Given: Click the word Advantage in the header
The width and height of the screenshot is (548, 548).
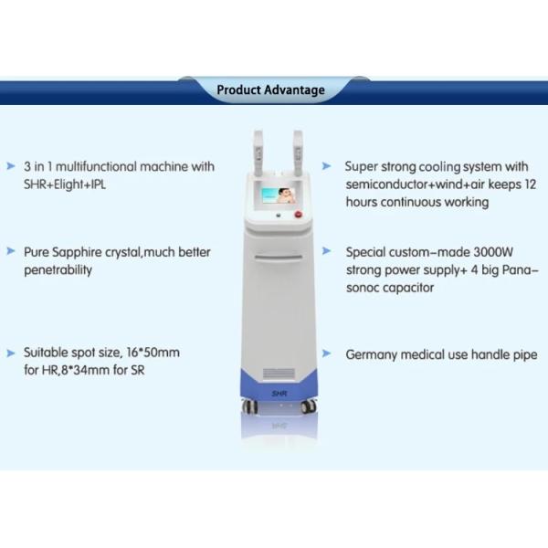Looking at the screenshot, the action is (294, 90).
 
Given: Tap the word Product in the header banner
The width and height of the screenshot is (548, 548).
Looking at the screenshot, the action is (238, 90).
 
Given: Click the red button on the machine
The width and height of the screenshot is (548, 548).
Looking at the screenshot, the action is (299, 214).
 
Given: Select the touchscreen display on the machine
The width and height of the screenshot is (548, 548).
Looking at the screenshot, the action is (279, 195).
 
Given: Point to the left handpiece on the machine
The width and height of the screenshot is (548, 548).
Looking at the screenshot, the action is (258, 153).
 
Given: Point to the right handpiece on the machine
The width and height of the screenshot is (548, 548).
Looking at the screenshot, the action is (298, 153).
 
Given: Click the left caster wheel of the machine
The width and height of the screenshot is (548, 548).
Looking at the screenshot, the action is (250, 406).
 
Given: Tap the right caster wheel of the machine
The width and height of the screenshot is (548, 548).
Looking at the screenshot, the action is (309, 406).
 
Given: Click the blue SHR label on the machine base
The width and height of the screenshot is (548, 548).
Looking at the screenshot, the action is (279, 394).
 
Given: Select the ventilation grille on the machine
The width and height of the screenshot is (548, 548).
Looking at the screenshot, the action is (279, 373).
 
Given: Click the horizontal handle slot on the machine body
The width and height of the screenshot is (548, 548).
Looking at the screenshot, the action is (279, 258).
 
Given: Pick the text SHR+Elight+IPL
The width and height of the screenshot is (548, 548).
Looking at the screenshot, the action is (65, 184).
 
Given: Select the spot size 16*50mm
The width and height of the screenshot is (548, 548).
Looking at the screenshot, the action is (153, 353).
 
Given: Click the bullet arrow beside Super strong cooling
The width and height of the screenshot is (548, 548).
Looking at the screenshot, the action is (326, 165).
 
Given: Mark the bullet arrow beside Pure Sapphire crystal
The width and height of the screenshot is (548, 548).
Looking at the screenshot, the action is (11, 251).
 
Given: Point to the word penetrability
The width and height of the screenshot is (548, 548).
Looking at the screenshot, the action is (58, 270).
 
